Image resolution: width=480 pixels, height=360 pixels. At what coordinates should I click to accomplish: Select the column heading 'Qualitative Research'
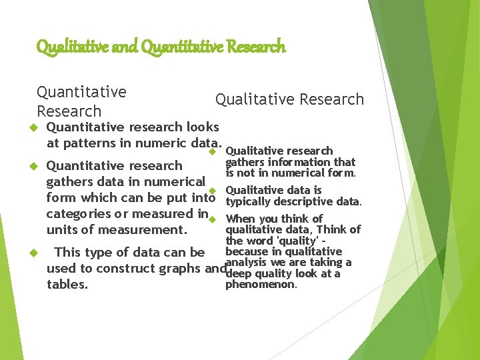coord(289,99)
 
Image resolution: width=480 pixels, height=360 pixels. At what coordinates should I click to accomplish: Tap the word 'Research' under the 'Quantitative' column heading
coord(69,111)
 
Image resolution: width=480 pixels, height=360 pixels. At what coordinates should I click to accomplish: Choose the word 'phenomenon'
coord(261,285)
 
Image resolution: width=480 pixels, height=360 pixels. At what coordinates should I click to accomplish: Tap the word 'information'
coord(299,162)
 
